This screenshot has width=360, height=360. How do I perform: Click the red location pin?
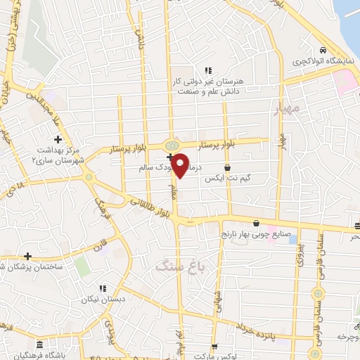tap(180, 165)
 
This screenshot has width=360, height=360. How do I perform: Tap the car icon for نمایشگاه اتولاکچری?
tap(322, 51)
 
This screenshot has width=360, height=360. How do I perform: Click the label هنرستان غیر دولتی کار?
tap(207, 82)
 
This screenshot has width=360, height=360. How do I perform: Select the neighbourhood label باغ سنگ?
tap(170, 266)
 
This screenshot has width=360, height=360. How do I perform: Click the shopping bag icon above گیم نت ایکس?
tap(228, 168)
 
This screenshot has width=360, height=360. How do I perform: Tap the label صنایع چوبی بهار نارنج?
tap(255, 233)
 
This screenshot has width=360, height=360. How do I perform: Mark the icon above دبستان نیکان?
tap(103, 288)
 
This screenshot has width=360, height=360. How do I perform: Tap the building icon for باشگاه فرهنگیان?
tap(39, 345)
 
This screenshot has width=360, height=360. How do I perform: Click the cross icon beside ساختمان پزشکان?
tap(27, 256)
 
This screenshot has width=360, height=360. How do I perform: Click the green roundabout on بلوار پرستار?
tap(171, 146)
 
